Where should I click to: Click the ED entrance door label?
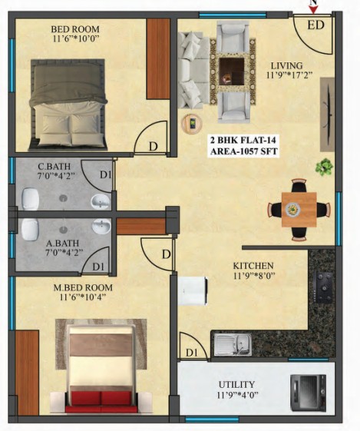[x=315, y=25]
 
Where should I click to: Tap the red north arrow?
[x=313, y=10]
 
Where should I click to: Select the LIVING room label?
[x=286, y=66]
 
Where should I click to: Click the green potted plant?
[x=324, y=167]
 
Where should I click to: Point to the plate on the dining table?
[x=293, y=210]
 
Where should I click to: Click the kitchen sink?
[x=233, y=344]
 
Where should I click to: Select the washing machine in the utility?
[x=309, y=393]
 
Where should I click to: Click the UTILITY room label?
[x=236, y=384]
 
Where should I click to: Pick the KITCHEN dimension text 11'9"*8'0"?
[x=254, y=276]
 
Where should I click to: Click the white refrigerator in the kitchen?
[x=193, y=291]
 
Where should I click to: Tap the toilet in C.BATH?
[x=30, y=199]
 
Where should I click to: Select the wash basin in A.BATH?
[x=101, y=226]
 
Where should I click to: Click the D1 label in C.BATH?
[x=106, y=174]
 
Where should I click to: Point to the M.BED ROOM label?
[x=83, y=288]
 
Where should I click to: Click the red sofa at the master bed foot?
[x=101, y=401]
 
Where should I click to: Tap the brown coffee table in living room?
[x=232, y=71]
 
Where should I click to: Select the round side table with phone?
[x=192, y=124]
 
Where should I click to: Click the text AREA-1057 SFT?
[x=244, y=151]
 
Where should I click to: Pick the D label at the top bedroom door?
[x=154, y=147]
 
